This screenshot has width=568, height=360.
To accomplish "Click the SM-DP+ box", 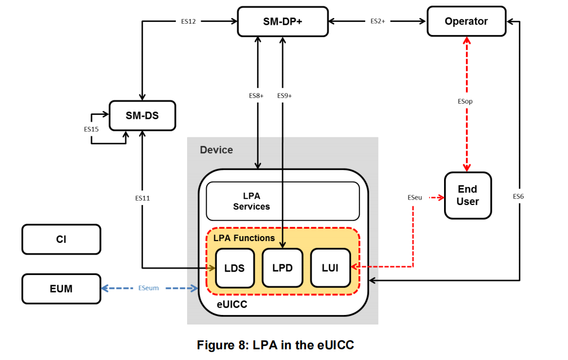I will [283, 21].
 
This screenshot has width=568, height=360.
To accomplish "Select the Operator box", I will [466, 21].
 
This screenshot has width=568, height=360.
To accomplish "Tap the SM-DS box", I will [143, 115].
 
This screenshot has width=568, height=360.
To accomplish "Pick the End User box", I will [467, 195].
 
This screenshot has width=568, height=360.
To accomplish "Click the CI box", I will [61, 239].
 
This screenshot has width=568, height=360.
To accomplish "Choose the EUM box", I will [61, 288].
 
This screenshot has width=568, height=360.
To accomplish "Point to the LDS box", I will [234, 268].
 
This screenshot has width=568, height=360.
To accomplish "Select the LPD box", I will [282, 268].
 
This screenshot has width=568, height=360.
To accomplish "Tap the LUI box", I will [330, 268].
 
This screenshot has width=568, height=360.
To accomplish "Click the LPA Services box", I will [282, 201].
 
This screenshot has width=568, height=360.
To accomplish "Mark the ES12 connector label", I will [188, 21].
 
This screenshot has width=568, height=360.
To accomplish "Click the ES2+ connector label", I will [378, 21].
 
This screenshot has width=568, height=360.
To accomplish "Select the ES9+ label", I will [285, 96].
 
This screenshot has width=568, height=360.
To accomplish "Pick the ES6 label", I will [518, 197].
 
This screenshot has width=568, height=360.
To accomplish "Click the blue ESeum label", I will [148, 288].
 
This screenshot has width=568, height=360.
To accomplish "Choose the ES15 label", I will [91, 129].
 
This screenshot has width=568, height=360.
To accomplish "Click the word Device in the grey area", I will [216, 150].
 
